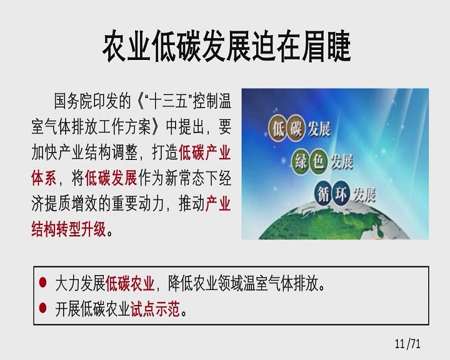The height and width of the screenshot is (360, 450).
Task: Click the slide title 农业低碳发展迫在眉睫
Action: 227,46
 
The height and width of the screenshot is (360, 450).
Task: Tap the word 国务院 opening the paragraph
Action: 73,101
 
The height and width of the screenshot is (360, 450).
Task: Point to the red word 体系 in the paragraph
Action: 44,178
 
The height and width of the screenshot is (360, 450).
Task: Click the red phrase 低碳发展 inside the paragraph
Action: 111,178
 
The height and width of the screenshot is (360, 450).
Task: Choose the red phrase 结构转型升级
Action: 69,229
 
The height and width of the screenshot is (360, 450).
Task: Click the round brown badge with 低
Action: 278,128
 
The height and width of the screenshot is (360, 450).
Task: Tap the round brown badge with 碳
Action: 296,129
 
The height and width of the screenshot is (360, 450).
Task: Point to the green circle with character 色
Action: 318,161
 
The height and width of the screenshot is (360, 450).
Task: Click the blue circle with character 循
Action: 324,194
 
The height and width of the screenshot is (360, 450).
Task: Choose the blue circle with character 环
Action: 341,194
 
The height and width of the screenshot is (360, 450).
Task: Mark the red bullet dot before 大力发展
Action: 42,282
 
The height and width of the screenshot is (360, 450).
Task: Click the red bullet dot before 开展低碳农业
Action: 42,308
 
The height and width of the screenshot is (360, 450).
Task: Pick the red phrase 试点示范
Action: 155,309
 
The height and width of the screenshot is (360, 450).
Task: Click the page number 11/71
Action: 407,343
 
